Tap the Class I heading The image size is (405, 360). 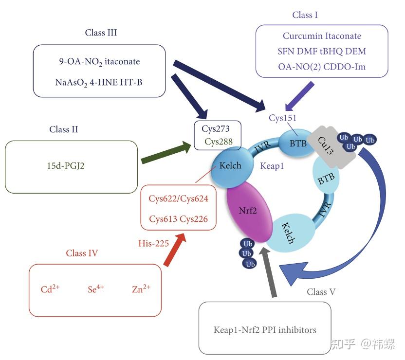[x=305, y=15]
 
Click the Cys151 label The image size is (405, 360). [x=282, y=118]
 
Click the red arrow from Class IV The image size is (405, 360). [x=175, y=250]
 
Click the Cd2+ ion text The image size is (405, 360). [x=51, y=289]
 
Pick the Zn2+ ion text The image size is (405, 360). [x=141, y=289]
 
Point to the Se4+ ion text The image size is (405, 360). [x=95, y=289]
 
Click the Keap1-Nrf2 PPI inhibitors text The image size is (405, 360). [x=265, y=330]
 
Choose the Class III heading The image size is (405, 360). [x=101, y=33]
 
